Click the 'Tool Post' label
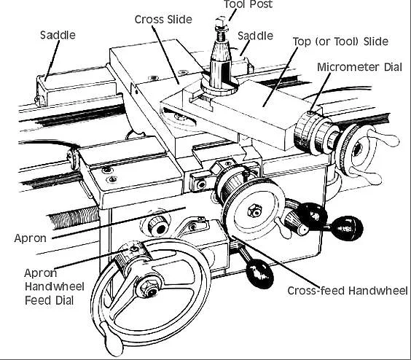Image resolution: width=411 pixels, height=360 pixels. tap(248, 4)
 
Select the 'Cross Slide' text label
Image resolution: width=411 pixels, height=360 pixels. tap(163, 20)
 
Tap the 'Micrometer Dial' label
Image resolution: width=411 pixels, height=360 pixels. tap(359, 67)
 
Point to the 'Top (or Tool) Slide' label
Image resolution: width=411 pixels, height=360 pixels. tap(340, 42)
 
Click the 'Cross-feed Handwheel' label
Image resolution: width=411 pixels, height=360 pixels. tap(348, 291)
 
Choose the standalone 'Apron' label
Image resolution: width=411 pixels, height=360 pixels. tap(30, 238)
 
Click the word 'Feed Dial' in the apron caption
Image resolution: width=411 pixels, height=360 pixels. tap(49, 300)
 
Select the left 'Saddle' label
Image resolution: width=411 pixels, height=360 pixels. tap(58, 35)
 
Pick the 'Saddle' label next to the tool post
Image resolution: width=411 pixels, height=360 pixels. tap(255, 36)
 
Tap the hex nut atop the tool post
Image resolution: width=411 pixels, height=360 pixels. tap(221, 20)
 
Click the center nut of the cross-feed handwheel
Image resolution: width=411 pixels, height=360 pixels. tap(254, 211)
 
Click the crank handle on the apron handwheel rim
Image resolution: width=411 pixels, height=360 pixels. tap(111, 338)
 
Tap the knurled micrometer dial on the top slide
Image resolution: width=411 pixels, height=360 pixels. tap(305, 132)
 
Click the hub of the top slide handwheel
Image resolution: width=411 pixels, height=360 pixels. tap(357, 150)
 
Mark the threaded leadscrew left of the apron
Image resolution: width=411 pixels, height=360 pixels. tap(74, 217)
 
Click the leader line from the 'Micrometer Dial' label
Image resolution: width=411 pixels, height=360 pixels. tap(321, 92)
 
